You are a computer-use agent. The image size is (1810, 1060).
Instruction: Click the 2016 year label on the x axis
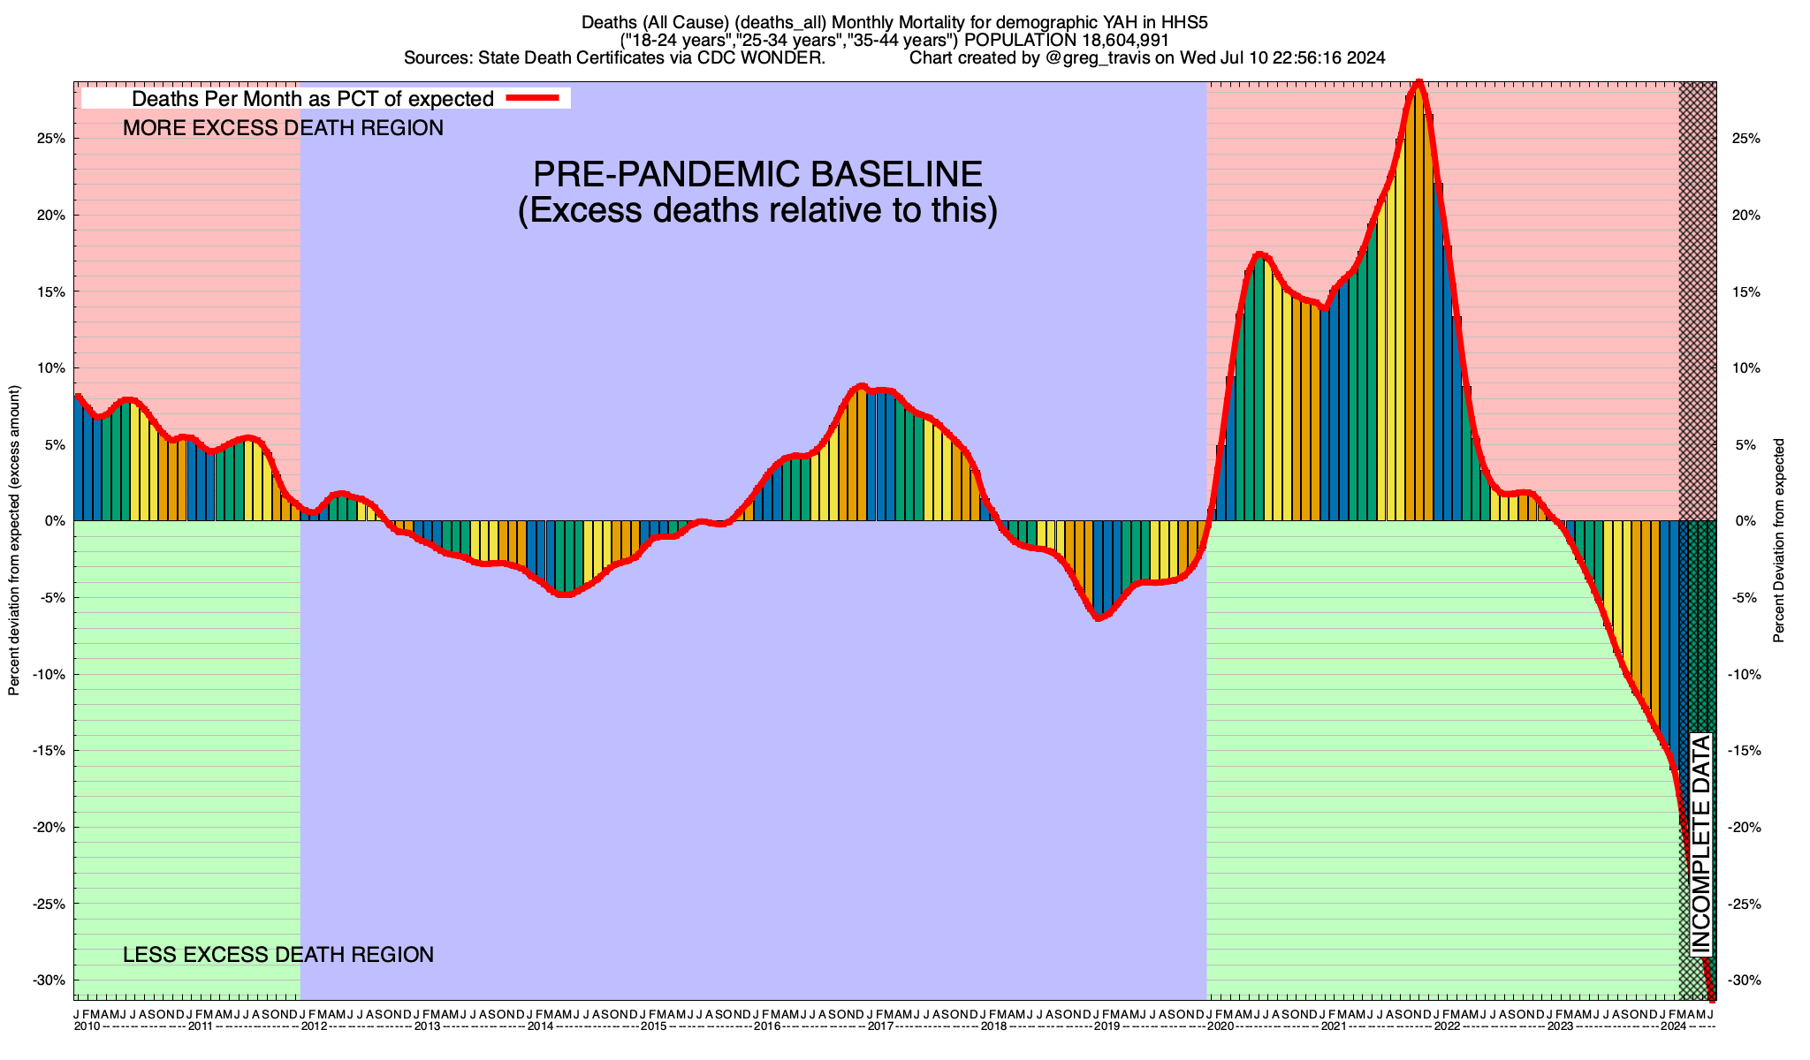[x=766, y=1026]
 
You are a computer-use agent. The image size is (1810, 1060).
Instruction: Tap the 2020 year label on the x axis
[x=1220, y=1026]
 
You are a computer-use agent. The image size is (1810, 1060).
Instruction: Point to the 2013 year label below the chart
[x=427, y=1026]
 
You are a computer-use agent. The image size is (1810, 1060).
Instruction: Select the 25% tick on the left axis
[x=52, y=139]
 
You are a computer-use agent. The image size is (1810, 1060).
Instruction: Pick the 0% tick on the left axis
[x=56, y=521]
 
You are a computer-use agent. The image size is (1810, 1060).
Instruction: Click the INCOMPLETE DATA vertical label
[x=1701, y=844]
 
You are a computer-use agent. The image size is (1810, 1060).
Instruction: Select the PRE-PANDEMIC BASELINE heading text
[x=757, y=173]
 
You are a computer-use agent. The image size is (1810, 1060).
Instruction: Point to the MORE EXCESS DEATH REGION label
[x=283, y=128]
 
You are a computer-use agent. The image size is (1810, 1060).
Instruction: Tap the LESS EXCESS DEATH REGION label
[x=278, y=955]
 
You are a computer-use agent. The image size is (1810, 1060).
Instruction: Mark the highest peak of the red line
[x=1418, y=83]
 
